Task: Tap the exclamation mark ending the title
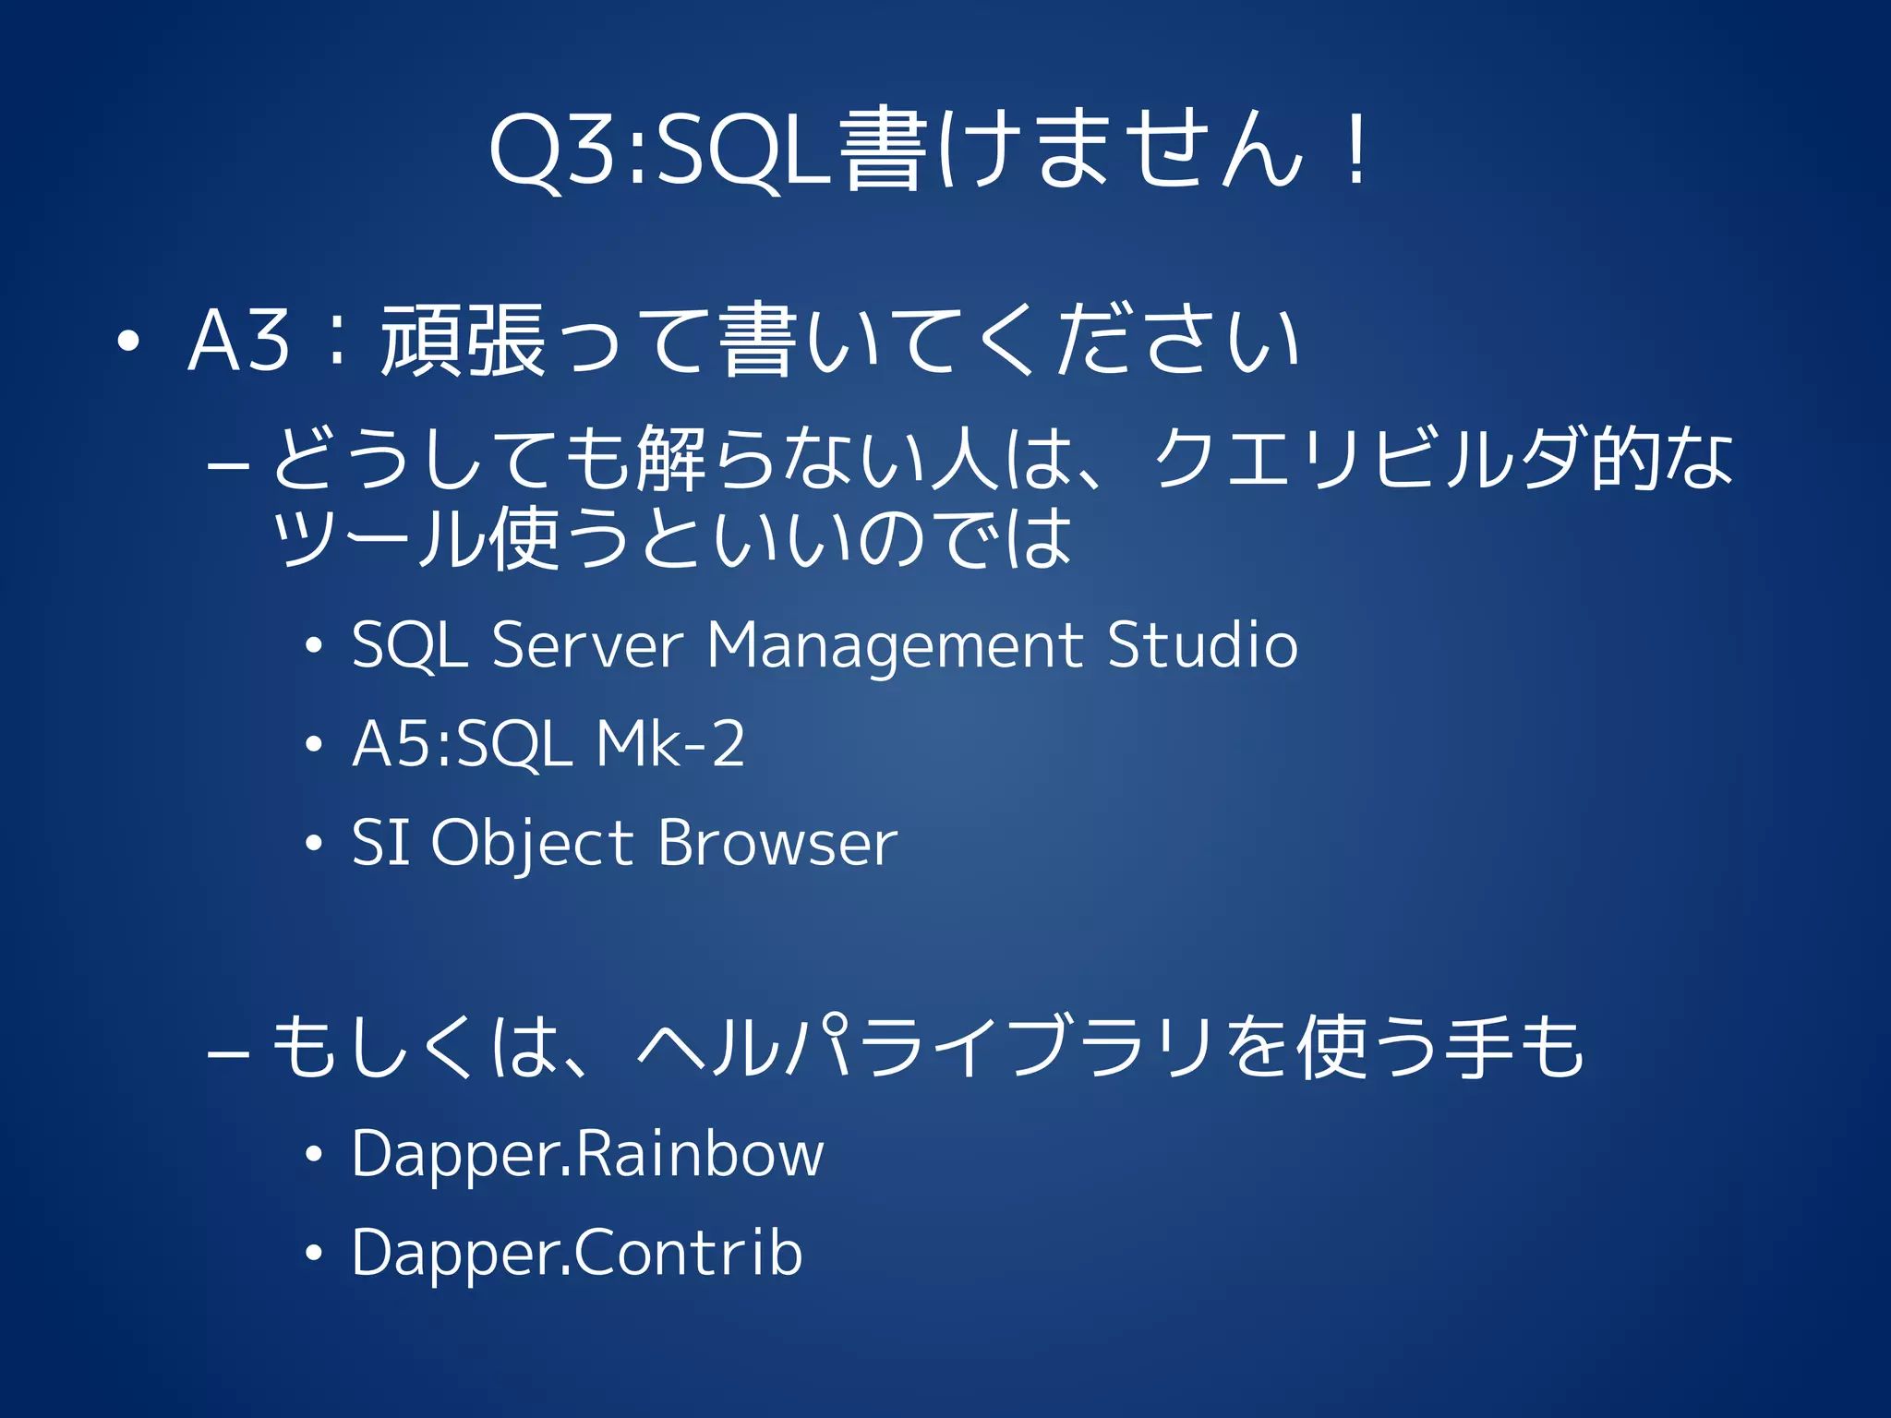pos(1356,150)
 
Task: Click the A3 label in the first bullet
pos(238,341)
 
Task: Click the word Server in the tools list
pos(587,645)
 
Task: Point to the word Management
pos(894,645)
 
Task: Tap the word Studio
pos(1202,645)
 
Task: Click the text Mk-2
pos(670,744)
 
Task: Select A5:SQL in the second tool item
pos(462,744)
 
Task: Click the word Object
pos(532,843)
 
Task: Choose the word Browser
pos(777,843)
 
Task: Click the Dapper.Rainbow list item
pos(587,1154)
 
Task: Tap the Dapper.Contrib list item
pos(577,1253)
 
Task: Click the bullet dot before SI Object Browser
pos(314,843)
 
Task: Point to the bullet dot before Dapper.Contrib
pos(314,1253)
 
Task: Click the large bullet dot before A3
pos(128,342)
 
